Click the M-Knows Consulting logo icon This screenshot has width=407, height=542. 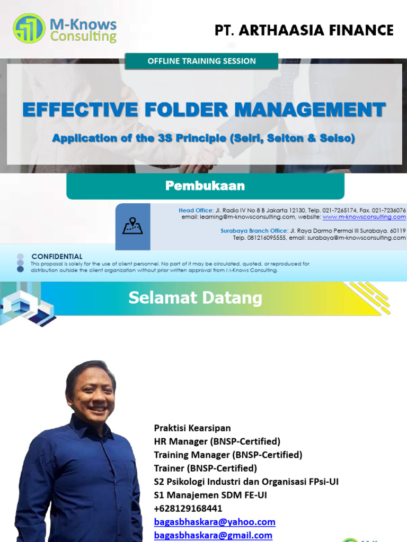(x=30, y=29)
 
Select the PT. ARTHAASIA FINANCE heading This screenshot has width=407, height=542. (x=304, y=30)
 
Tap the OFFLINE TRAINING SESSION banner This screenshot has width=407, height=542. (x=201, y=61)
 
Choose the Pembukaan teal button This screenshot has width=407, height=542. (x=205, y=186)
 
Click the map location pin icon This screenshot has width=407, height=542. (x=132, y=227)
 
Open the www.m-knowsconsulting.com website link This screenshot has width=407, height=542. (x=364, y=217)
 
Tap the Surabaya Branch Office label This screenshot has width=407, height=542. (x=254, y=231)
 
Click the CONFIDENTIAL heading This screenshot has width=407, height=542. (x=57, y=257)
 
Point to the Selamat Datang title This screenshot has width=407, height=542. (x=195, y=298)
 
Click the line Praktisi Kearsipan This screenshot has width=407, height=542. (x=192, y=428)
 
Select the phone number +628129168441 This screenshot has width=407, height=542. (x=188, y=508)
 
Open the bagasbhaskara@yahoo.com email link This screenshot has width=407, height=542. (x=215, y=522)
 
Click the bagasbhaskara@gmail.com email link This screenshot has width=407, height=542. (x=213, y=535)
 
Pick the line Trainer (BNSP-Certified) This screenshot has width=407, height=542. (x=206, y=468)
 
